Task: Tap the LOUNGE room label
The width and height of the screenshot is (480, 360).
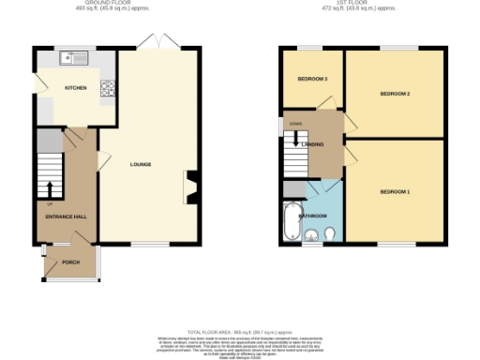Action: (x=142, y=164)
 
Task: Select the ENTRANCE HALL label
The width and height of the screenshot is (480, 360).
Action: (x=67, y=217)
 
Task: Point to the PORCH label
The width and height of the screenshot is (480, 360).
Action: (x=71, y=262)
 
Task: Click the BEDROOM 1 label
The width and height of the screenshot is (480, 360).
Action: (x=395, y=191)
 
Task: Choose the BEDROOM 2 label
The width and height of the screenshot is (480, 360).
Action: (x=395, y=94)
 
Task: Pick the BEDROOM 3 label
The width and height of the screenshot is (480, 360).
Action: (x=312, y=80)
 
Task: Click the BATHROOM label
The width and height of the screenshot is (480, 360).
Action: (x=312, y=216)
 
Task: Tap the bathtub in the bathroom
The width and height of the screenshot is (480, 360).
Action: (x=289, y=222)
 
